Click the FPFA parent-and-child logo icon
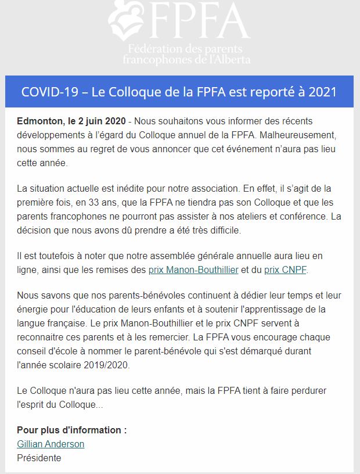click(x=127, y=23)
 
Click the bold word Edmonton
click(x=40, y=122)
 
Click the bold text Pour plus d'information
click(x=71, y=430)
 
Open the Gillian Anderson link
click(x=51, y=444)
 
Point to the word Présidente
click(x=39, y=457)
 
